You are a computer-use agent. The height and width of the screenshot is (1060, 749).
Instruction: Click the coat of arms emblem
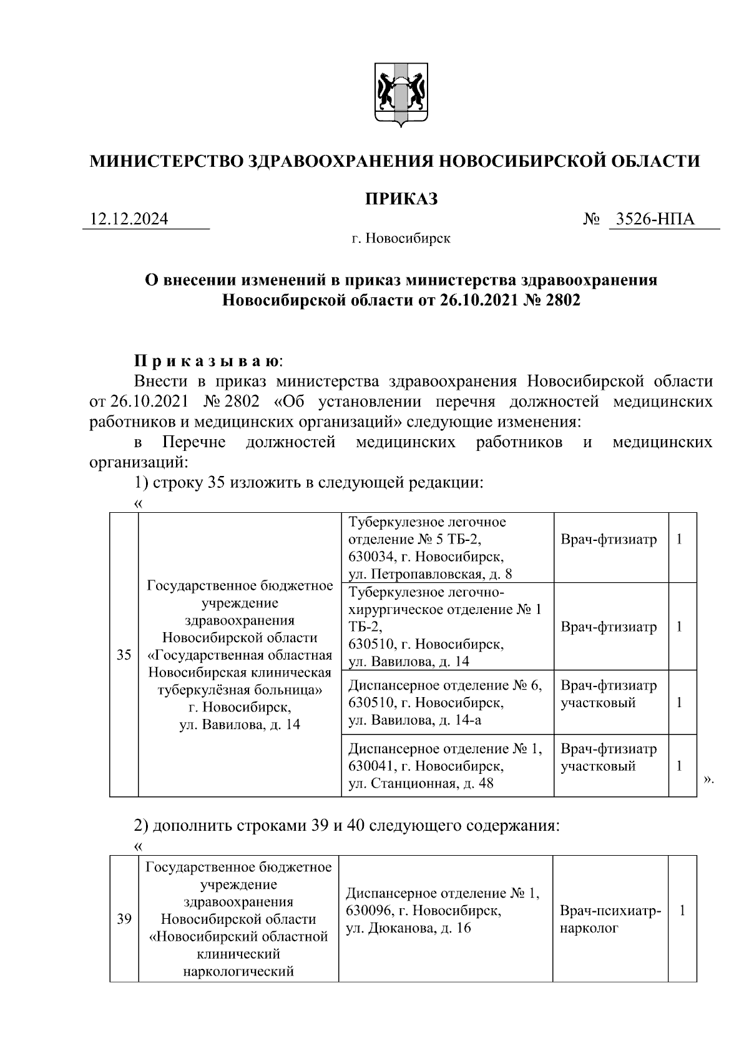(401, 94)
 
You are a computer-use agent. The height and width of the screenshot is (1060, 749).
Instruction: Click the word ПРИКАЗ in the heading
(401, 199)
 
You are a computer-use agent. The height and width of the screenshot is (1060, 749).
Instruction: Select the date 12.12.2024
(129, 219)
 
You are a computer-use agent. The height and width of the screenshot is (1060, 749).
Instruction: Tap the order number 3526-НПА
(655, 219)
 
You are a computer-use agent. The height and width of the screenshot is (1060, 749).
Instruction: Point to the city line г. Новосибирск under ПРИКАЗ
(400, 239)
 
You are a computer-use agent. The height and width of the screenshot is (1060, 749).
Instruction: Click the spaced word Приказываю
(208, 361)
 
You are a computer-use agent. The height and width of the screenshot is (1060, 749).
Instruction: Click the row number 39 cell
(124, 919)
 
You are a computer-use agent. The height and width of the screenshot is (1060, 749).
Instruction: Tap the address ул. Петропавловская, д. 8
(430, 573)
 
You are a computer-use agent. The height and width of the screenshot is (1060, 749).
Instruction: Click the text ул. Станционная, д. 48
(421, 783)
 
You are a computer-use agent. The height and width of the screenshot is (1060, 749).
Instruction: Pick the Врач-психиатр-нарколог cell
(610, 919)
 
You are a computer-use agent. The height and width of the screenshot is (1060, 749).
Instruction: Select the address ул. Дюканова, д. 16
(409, 928)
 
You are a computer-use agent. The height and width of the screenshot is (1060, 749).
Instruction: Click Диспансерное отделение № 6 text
(445, 685)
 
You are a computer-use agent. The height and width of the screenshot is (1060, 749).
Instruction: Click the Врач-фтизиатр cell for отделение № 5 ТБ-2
(609, 539)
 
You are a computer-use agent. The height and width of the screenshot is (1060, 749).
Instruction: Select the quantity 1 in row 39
(682, 911)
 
